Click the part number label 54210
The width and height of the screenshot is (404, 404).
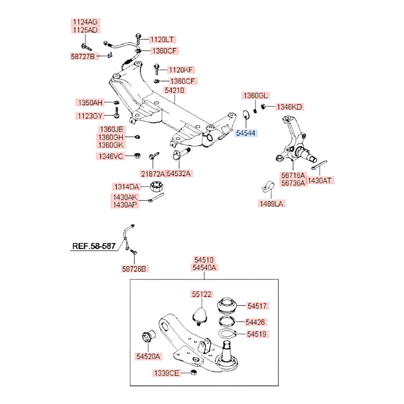[175, 90]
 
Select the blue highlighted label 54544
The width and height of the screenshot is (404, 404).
[246, 133]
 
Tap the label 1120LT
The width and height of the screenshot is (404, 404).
[162, 39]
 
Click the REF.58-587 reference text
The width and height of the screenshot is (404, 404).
[94, 245]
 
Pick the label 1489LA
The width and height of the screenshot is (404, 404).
[272, 204]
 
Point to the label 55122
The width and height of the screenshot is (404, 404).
[202, 294]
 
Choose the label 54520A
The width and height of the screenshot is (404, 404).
[148, 356]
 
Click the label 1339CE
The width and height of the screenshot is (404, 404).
[166, 373]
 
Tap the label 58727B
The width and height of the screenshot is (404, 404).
[83, 57]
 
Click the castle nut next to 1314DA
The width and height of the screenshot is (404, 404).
[156, 187]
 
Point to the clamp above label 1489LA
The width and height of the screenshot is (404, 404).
[267, 186]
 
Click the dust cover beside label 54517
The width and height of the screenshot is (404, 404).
[228, 306]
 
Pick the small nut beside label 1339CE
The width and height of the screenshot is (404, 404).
[194, 372]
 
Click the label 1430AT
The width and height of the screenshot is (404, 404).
[321, 181]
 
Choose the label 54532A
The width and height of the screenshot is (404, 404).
[179, 174]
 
